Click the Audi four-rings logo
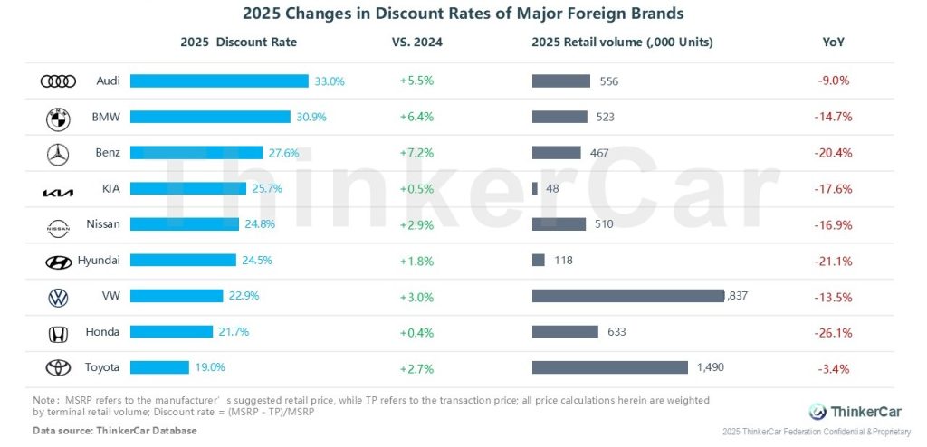[x=58, y=81]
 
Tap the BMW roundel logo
[x=58, y=118]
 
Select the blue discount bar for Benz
[x=196, y=153]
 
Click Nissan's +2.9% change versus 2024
[x=416, y=223]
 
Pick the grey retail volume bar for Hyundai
[x=538, y=260]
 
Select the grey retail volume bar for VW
[x=628, y=296]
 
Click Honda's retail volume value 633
[x=616, y=331]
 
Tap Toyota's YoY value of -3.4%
[x=833, y=367]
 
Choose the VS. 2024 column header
[x=416, y=43]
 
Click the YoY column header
[x=833, y=43]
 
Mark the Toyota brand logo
[x=58, y=367]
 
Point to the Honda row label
[x=102, y=332]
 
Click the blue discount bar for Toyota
[x=159, y=367]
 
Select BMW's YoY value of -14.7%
[x=833, y=117]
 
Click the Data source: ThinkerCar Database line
[x=114, y=430]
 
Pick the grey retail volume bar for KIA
[x=535, y=188]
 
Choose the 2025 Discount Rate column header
[x=238, y=43]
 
